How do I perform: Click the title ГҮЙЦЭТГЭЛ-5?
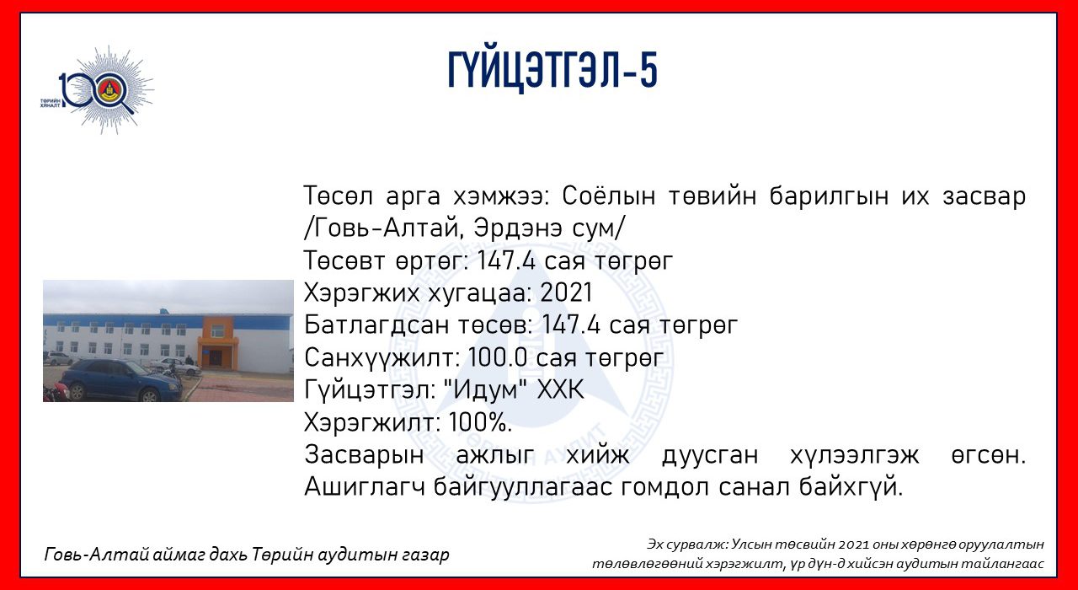pyautogui.click(x=552, y=70)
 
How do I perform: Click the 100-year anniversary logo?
pyautogui.click(x=98, y=90)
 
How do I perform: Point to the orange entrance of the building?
pyautogui.click(x=217, y=343)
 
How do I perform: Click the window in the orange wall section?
pyautogui.click(x=217, y=330)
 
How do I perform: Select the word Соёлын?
pyautogui.click(x=609, y=196)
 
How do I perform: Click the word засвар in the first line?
pyautogui.click(x=984, y=197)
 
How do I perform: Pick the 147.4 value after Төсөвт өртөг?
pyautogui.click(x=506, y=260)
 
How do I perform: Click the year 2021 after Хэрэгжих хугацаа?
pyautogui.click(x=566, y=292)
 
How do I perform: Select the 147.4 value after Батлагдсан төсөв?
pyautogui.click(x=571, y=324)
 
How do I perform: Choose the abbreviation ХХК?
pyautogui.click(x=560, y=389)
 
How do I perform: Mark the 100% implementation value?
pyautogui.click(x=480, y=422)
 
